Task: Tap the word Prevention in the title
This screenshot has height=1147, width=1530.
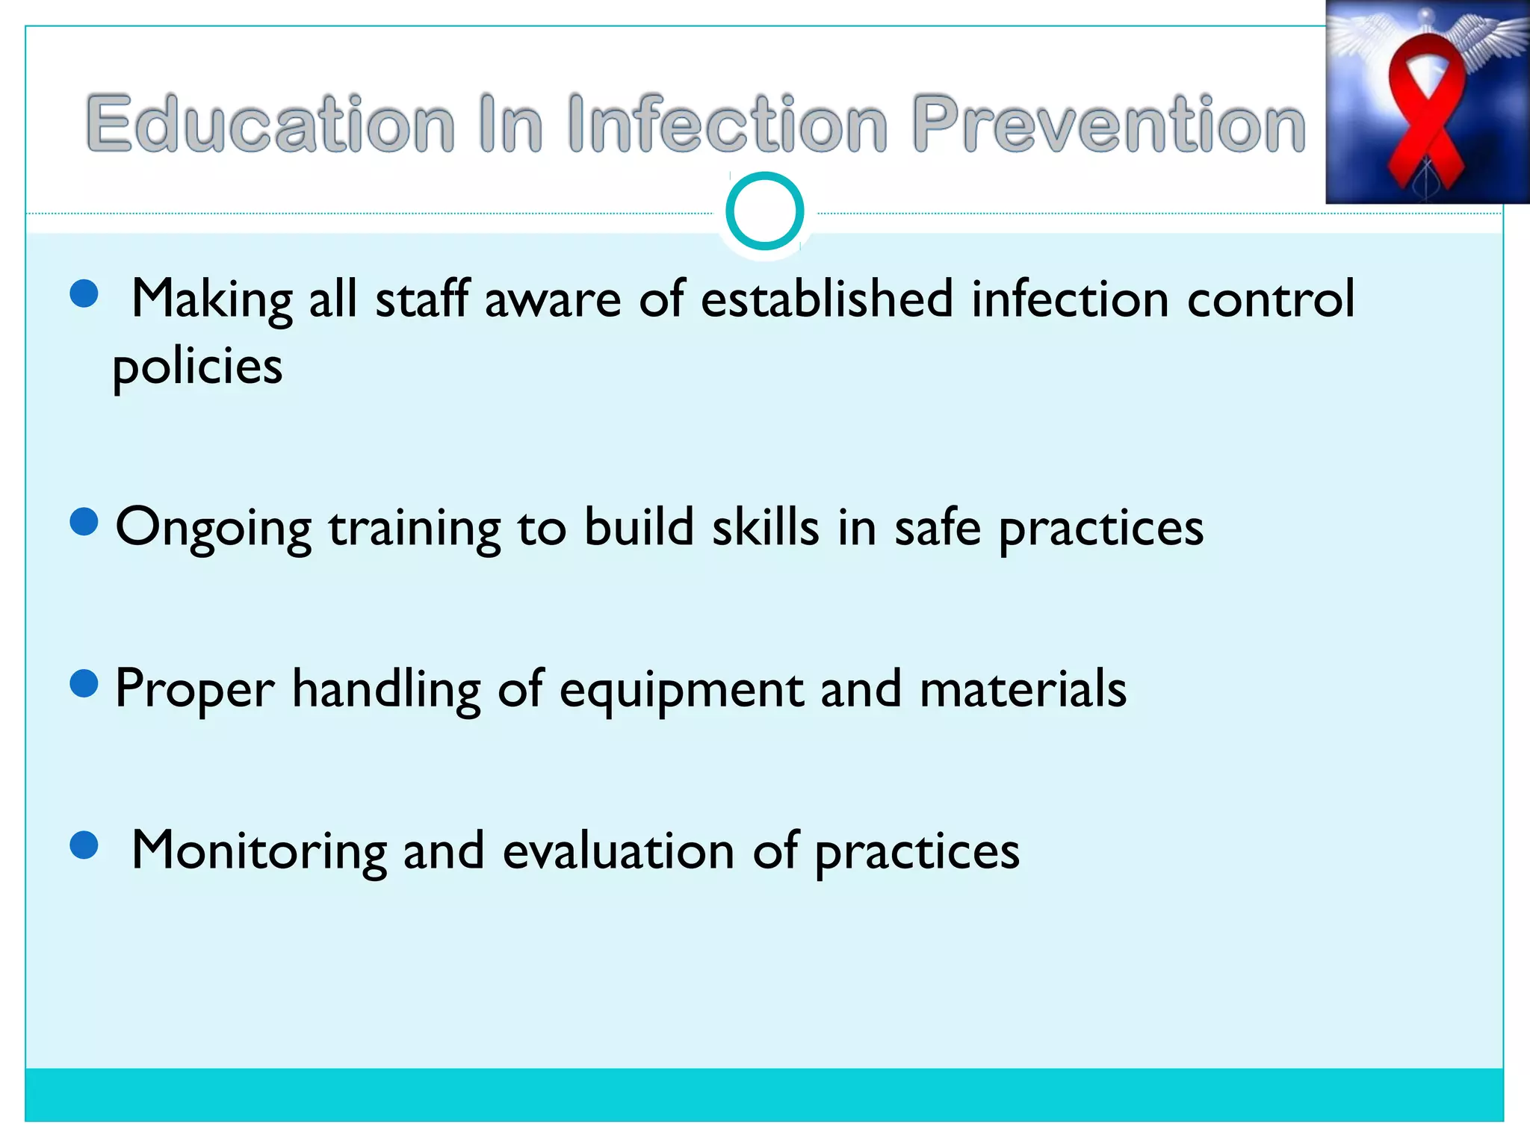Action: [x=1109, y=124]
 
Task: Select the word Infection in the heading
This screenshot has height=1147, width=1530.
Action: [x=727, y=124]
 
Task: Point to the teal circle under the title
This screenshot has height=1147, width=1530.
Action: [x=764, y=211]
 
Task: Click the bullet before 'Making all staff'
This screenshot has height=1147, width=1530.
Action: [x=84, y=293]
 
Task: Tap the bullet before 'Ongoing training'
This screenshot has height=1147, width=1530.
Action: [x=84, y=522]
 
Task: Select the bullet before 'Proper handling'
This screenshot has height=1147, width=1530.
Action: [x=84, y=683]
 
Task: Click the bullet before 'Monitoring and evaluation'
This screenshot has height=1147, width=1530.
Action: [x=84, y=846]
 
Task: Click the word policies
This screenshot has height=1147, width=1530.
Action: [x=197, y=367]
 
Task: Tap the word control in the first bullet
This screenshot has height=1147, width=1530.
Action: [x=1270, y=299]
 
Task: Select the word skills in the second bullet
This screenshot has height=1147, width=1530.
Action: [x=765, y=527]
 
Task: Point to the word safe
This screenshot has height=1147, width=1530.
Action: [x=937, y=527]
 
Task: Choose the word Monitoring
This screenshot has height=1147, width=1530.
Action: [x=258, y=851]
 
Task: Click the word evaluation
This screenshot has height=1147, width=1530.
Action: [x=619, y=851]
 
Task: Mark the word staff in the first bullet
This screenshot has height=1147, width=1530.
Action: [x=422, y=299]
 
